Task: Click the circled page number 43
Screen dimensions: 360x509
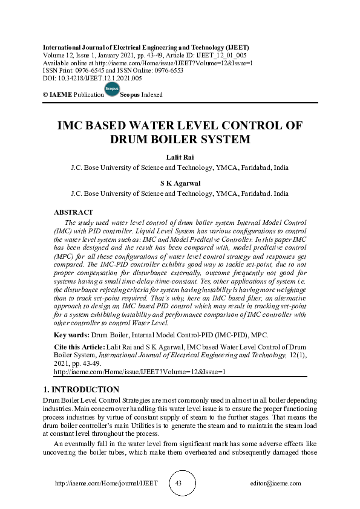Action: tap(178, 483)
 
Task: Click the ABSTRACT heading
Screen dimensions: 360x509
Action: tap(73, 212)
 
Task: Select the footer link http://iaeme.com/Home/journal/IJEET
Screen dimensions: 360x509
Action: tap(106, 484)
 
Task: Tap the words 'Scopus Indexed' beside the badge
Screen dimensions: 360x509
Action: tap(142, 95)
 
